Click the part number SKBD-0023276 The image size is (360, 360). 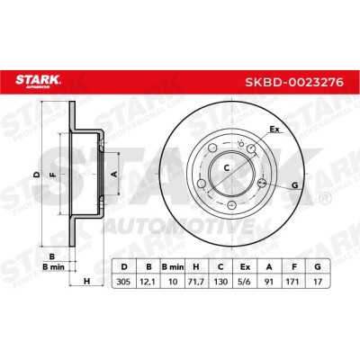(x=294, y=82)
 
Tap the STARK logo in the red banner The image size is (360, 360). (x=38, y=81)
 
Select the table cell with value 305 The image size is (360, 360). (x=123, y=282)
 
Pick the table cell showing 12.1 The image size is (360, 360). (x=148, y=282)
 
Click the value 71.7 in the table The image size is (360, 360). (x=196, y=282)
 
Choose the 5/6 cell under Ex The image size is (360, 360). (x=245, y=282)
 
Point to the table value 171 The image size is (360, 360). (x=292, y=282)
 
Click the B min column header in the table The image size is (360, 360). (x=173, y=266)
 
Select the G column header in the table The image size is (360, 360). (x=318, y=266)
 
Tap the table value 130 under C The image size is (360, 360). (x=220, y=282)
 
